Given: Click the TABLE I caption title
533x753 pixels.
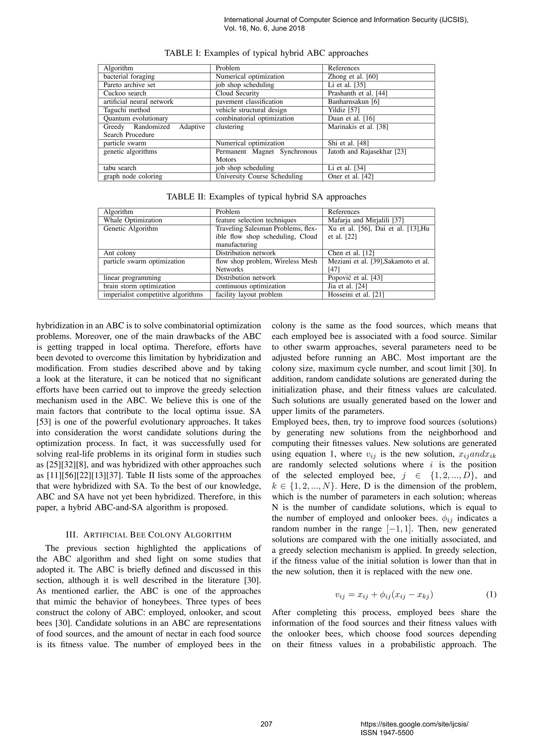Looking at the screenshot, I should [266, 53].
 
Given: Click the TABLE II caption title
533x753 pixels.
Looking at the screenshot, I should [266, 197].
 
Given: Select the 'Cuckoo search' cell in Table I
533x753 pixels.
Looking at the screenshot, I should [125, 93].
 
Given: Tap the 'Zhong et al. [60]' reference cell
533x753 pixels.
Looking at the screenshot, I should [353, 76].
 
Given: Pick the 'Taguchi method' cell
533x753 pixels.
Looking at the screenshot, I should [127, 110].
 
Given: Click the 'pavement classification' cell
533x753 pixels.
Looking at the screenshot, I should [249, 102].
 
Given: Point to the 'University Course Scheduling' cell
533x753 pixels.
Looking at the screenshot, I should [259, 177].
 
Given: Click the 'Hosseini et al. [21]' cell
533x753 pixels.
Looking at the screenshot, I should [356, 295].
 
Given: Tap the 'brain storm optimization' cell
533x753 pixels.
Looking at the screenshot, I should [139, 286].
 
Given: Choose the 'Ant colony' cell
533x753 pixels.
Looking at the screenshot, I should [119, 253].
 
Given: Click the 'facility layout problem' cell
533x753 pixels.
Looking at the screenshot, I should [249, 295].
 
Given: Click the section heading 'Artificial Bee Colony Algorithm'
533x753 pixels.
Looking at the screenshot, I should [149, 535].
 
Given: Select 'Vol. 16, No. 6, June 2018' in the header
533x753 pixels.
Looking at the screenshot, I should [264, 29].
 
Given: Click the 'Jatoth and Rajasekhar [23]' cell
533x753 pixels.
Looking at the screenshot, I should [367, 152].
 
